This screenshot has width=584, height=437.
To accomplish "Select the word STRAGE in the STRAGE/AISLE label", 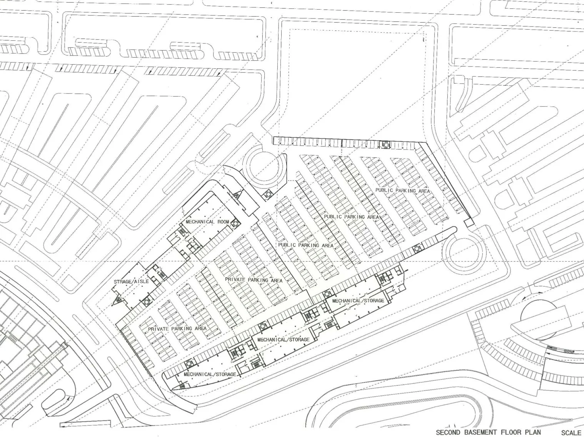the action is [122, 282].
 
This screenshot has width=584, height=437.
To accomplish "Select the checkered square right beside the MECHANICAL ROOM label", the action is [235, 224].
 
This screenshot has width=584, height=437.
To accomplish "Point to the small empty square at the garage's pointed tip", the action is [469, 223].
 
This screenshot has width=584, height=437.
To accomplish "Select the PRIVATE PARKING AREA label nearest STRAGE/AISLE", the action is [177, 329].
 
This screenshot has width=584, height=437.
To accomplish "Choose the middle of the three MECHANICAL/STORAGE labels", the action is [284, 340].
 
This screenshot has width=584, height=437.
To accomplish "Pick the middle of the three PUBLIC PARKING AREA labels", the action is [352, 217].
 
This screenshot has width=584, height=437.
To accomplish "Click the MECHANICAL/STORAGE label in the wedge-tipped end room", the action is [210, 374].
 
